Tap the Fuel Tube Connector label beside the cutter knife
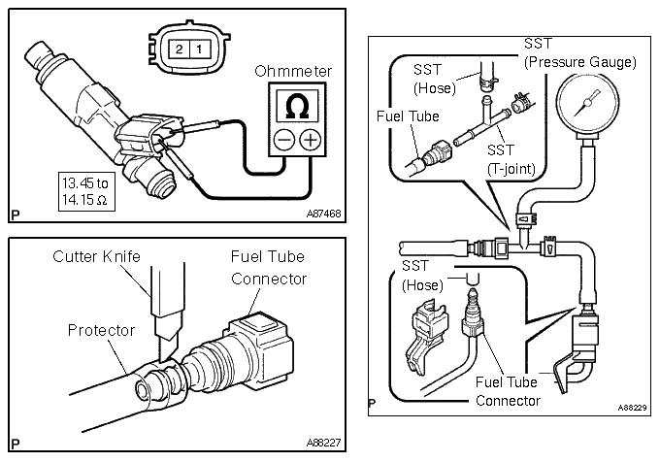tap(268, 268)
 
